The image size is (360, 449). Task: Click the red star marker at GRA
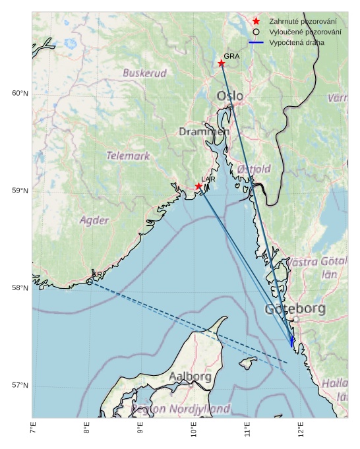[x=222, y=63]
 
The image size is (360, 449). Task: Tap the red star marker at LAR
[x=198, y=187]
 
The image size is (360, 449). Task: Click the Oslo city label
[x=230, y=96]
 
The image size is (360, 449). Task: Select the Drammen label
[x=204, y=132]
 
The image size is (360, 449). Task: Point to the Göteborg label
[x=295, y=309]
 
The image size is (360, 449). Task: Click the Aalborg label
[x=190, y=376]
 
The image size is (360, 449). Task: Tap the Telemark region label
[x=128, y=156]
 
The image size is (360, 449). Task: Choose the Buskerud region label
[x=144, y=73]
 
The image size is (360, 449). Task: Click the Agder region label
[x=94, y=220]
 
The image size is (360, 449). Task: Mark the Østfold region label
[x=254, y=169]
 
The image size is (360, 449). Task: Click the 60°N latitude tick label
[x=20, y=93]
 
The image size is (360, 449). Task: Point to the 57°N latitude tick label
[x=20, y=386]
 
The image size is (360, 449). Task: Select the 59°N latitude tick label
[x=20, y=191]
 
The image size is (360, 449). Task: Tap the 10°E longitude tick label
[x=194, y=430]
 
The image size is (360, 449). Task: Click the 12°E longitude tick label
[x=301, y=430]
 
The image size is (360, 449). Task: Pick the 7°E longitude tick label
[x=33, y=430]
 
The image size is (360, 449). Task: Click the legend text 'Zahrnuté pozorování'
[x=298, y=22]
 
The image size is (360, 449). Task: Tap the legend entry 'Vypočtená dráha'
[x=296, y=43]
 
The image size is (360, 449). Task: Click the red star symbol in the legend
[x=256, y=22]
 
